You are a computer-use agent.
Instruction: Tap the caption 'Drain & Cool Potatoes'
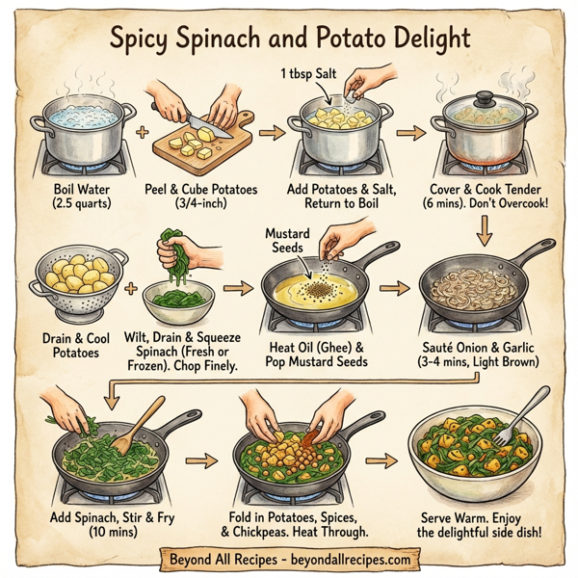76,344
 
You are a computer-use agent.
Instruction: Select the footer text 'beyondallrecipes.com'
341,559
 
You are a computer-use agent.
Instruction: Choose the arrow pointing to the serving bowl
386,460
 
